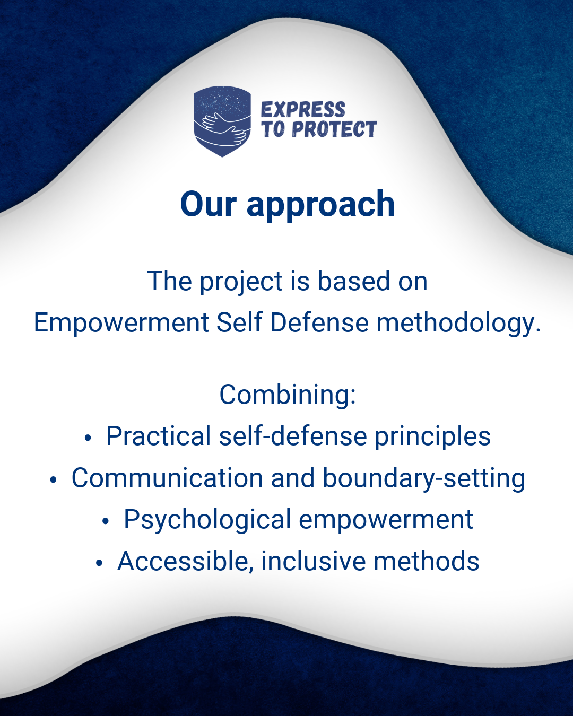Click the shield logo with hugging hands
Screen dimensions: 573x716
pyautogui.click(x=222, y=121)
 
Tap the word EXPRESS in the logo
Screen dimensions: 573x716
pyautogui.click(x=303, y=109)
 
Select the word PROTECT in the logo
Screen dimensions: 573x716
pyautogui.click(x=334, y=129)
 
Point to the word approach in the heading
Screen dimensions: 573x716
pyautogui.click(x=320, y=206)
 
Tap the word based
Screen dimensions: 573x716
pyautogui.click(x=353, y=281)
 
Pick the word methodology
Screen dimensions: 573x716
pyautogui.click(x=458, y=324)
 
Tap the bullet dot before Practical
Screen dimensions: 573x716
pyautogui.click(x=88, y=439)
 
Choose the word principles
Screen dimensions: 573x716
pyautogui.click(x=433, y=437)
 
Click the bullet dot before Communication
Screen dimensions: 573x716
pyautogui.click(x=53, y=480)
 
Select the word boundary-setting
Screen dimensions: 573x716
pyautogui.click(x=424, y=479)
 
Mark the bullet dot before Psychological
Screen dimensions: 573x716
pyautogui.click(x=106, y=522)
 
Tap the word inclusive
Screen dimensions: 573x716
pyautogui.click(x=314, y=561)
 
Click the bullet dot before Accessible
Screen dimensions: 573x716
pyautogui.click(x=99, y=564)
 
